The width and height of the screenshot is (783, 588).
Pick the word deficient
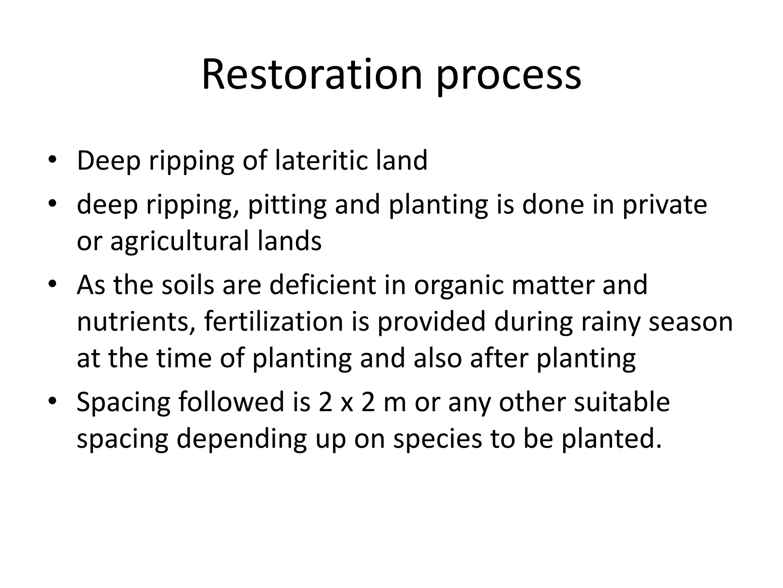323,285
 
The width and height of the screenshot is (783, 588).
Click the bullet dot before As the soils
52,285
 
